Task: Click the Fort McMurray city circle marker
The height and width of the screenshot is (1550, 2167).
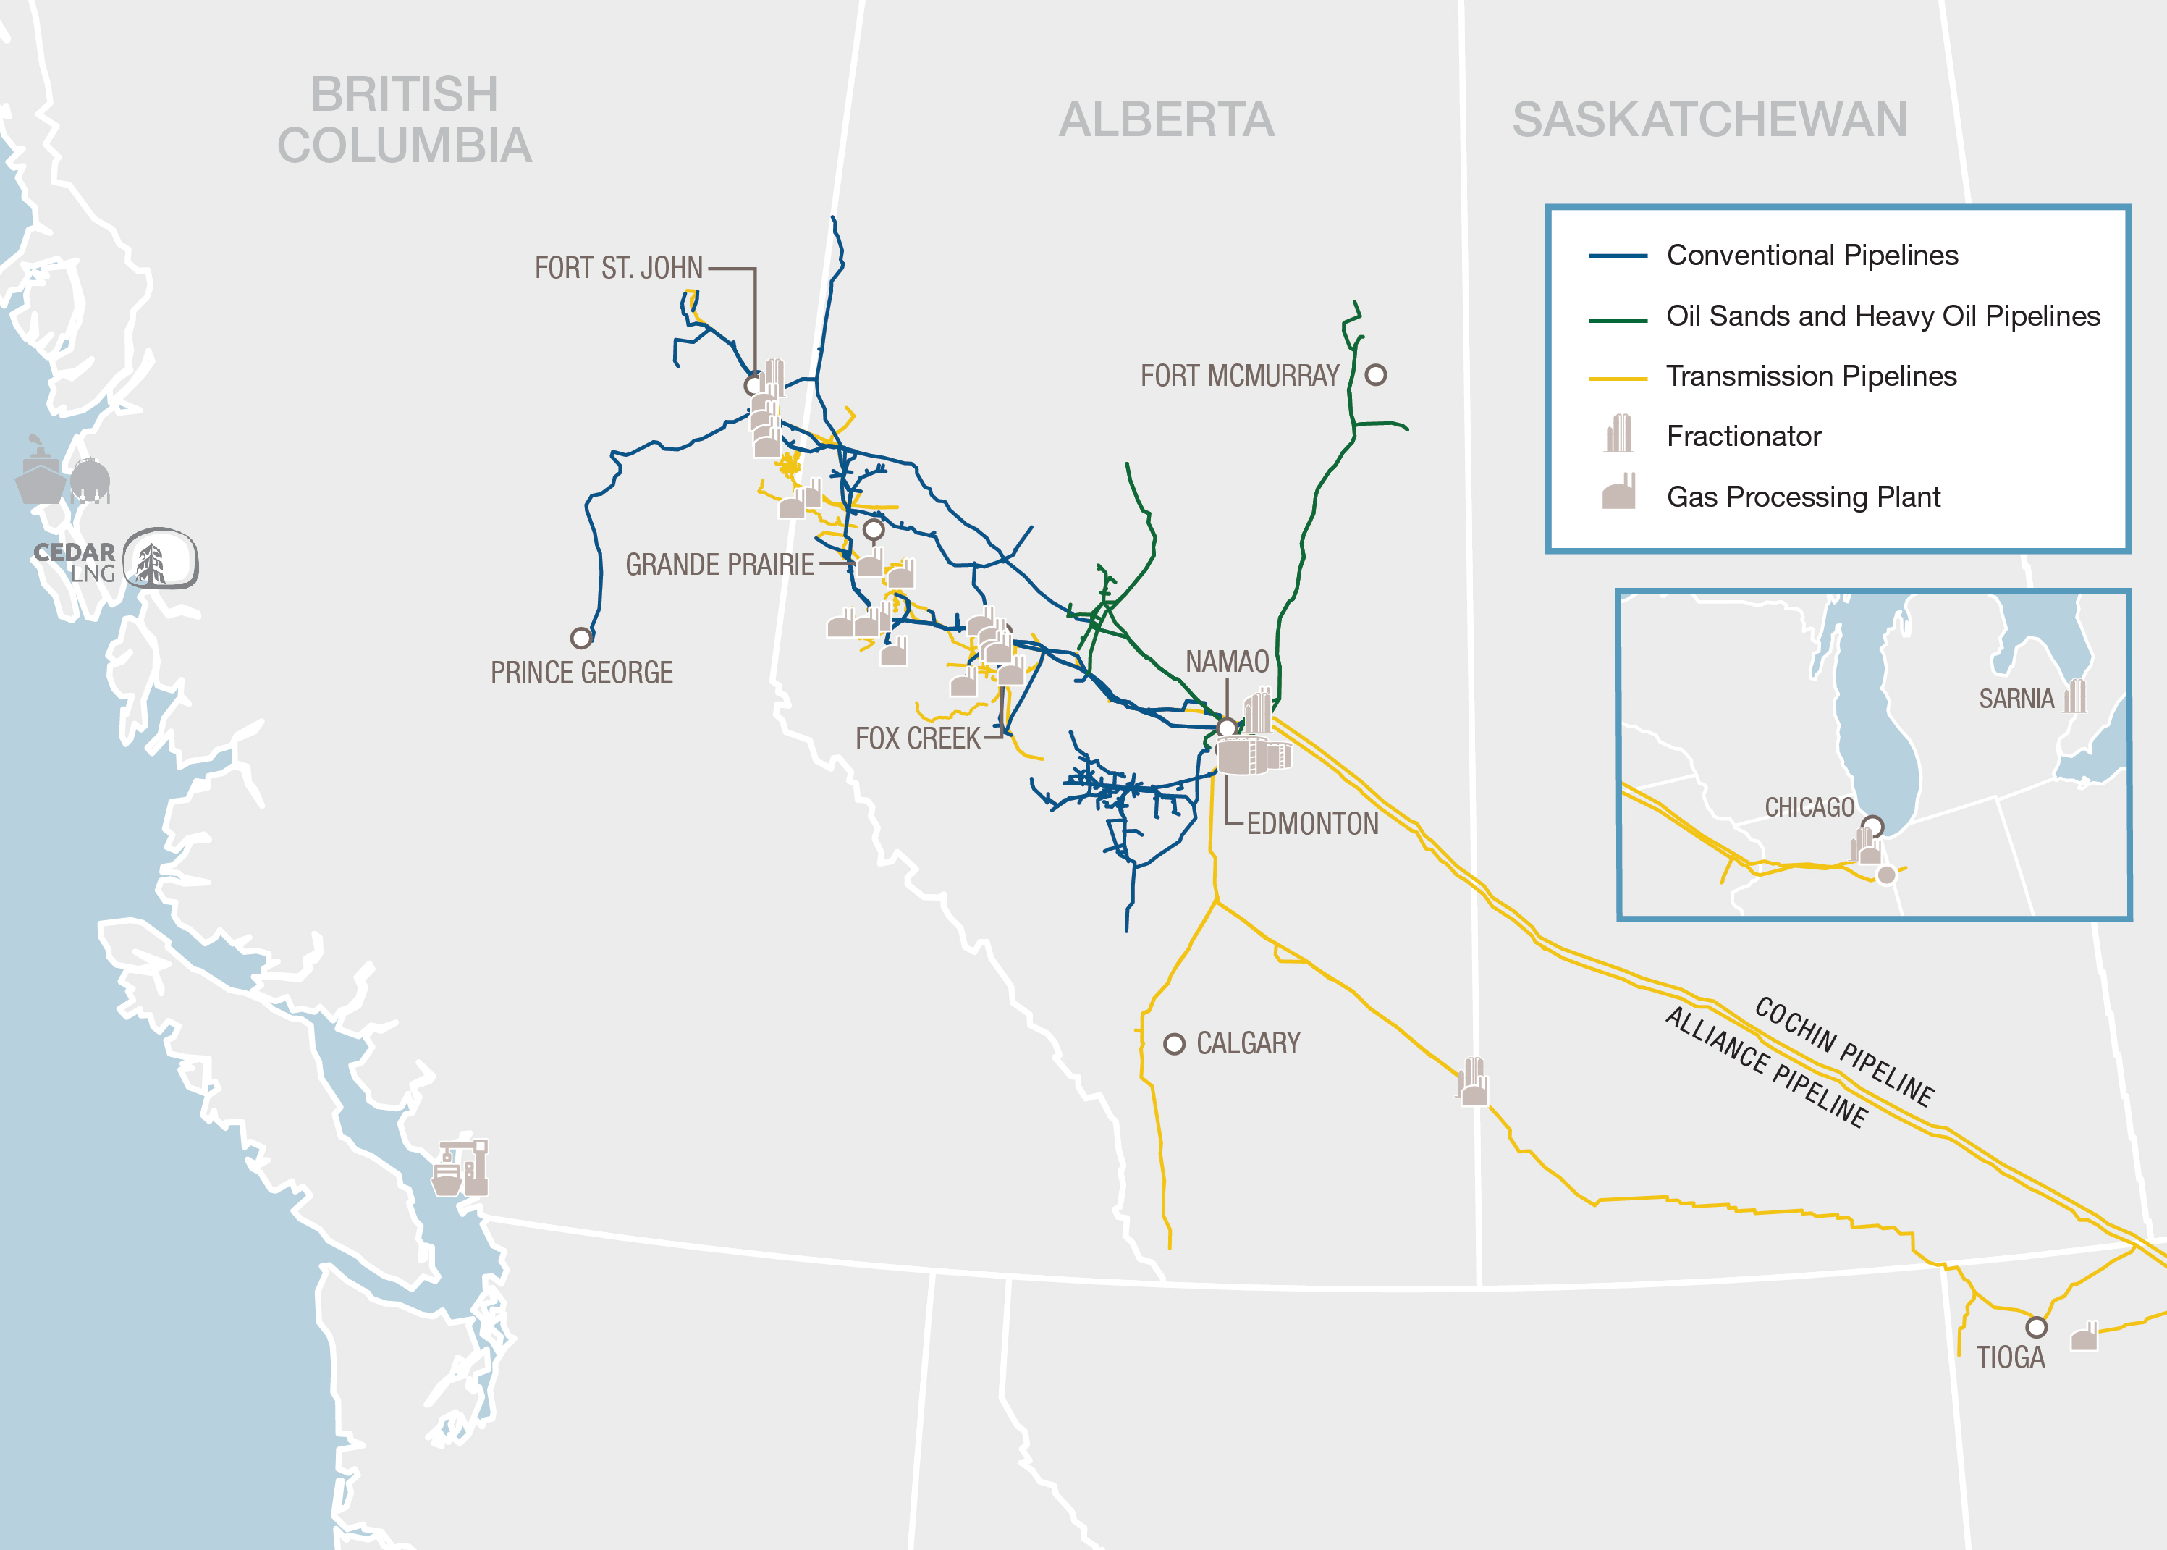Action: pyautogui.click(x=1375, y=375)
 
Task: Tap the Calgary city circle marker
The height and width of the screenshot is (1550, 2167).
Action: pyautogui.click(x=1175, y=1043)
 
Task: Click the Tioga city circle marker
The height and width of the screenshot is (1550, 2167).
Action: pyautogui.click(x=2036, y=1327)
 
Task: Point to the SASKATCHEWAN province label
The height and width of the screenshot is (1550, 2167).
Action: pyautogui.click(x=1709, y=120)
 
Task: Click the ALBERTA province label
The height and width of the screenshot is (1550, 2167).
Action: pyautogui.click(x=1166, y=120)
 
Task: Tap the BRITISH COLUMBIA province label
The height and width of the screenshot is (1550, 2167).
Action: pyautogui.click(x=405, y=120)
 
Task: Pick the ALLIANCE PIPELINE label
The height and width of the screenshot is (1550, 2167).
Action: pyautogui.click(x=1765, y=1067)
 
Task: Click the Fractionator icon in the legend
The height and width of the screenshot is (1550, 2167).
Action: pyautogui.click(x=1618, y=434)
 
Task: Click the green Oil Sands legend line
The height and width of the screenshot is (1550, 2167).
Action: pyautogui.click(x=1618, y=321)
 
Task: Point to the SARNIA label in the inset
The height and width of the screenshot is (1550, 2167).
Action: pyautogui.click(x=2015, y=699)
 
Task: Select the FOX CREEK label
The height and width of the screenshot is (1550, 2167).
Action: pyautogui.click(x=917, y=738)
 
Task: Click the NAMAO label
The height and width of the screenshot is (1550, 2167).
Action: pyautogui.click(x=1226, y=662)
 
